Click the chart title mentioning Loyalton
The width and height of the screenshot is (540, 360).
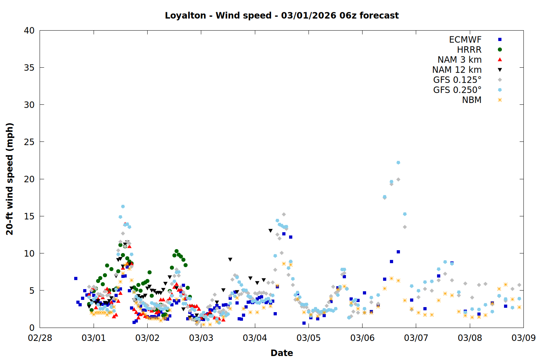point(282,15)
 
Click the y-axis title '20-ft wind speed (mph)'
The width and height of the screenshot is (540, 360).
point(10,179)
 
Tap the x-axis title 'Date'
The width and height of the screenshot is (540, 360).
point(282,353)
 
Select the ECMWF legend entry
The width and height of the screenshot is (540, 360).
point(465,40)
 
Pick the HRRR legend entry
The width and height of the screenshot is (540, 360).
point(469,50)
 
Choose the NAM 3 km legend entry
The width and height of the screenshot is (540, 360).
point(459,60)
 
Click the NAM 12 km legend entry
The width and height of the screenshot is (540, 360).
point(457,70)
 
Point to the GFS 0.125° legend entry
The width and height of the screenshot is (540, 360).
point(457,80)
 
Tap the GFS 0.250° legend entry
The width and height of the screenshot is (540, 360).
point(457,90)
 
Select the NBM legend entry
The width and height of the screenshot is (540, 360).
point(472,100)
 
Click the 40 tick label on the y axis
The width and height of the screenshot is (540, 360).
point(29,31)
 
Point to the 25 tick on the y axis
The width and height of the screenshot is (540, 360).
point(29,142)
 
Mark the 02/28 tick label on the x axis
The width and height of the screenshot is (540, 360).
point(40,338)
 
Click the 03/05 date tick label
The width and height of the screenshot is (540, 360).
point(309,338)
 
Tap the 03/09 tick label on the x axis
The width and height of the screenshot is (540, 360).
point(523,338)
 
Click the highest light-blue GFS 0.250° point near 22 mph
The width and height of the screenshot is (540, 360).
point(398,163)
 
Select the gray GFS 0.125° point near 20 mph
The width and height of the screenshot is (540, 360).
point(398,179)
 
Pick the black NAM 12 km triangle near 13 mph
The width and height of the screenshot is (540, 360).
point(270,231)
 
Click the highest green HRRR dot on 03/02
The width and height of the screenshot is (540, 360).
point(176,251)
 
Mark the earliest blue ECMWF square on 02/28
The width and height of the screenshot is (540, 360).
point(76,278)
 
